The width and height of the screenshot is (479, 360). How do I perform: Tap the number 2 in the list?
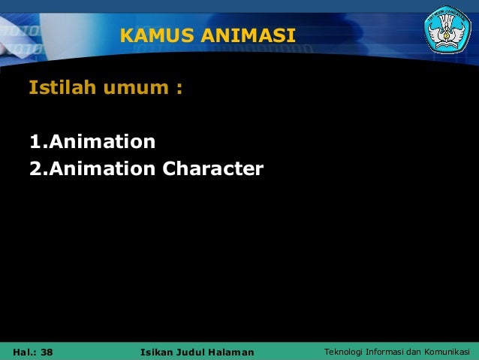[x=35, y=169]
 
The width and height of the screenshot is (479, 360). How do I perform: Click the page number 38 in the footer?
[x=47, y=352]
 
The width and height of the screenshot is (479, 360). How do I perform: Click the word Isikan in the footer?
[x=157, y=352]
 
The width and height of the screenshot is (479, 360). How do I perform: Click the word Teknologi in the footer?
[x=342, y=352]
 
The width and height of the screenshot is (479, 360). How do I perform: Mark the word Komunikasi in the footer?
[x=449, y=352]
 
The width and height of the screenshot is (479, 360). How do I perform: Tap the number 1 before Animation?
[x=34, y=141]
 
